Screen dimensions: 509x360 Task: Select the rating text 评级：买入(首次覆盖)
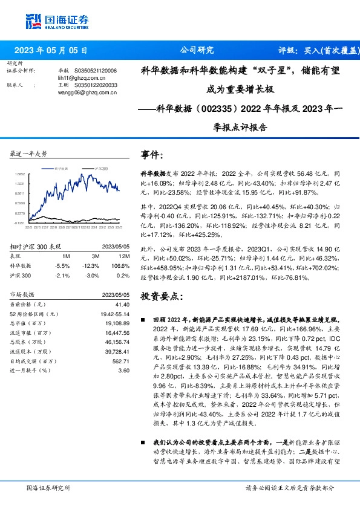point(315,51)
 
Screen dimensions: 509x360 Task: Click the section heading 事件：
point(152,155)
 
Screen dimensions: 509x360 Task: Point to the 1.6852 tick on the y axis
point(21,174)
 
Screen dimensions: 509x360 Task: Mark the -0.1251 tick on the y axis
point(21,223)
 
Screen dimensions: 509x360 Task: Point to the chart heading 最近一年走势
point(29,154)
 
